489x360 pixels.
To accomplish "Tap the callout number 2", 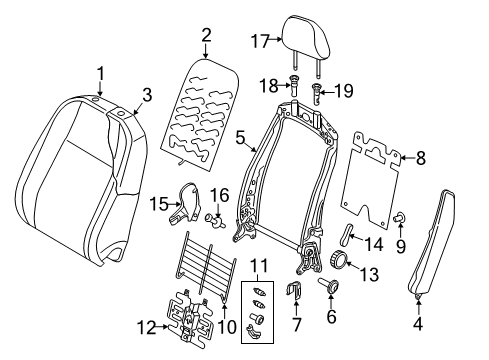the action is (x=206, y=35).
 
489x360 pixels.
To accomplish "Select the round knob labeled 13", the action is (x=338, y=259).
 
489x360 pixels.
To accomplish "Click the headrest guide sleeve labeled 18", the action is (x=294, y=85).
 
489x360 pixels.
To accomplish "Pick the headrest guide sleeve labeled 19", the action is (x=317, y=92).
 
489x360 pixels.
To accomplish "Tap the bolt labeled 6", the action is (x=329, y=285).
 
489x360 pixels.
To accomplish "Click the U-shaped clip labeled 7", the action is (x=293, y=290).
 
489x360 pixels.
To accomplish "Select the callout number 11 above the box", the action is (x=259, y=266).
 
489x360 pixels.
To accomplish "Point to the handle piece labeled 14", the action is (x=345, y=233).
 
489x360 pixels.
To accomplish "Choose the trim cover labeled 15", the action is (x=185, y=203).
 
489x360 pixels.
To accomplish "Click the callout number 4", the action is (x=418, y=323).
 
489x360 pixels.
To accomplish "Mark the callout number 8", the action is (x=421, y=158).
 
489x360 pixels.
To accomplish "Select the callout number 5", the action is (x=240, y=138).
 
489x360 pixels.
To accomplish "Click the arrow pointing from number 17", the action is (x=275, y=39).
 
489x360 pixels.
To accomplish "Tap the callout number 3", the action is (x=147, y=95).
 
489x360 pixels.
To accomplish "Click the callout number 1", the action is (x=100, y=73).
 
